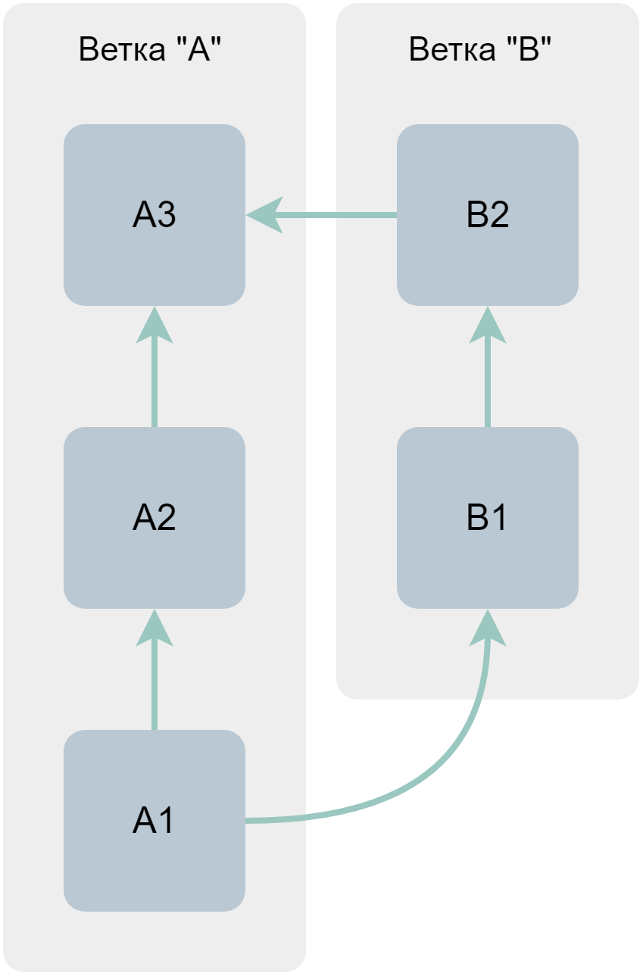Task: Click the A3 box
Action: pyautogui.click(x=155, y=215)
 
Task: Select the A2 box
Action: pyautogui.click(x=155, y=518)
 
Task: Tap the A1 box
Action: pyautogui.click(x=155, y=821)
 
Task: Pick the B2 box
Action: pyautogui.click(x=488, y=215)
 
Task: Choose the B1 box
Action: pyautogui.click(x=488, y=518)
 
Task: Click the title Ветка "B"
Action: pyautogui.click(x=480, y=50)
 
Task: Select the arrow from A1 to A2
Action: pyautogui.click(x=155, y=681)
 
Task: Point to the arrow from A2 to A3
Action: pyautogui.click(x=155, y=379)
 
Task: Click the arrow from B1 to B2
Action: pyautogui.click(x=488, y=379)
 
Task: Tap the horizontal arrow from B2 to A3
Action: pyautogui.click(x=333, y=216)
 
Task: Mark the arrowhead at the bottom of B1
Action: pyautogui.click(x=488, y=628)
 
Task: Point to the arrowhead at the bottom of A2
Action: pyautogui.click(x=155, y=628)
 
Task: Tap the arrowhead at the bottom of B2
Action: pyautogui.click(x=488, y=326)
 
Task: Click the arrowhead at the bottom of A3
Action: pyautogui.click(x=155, y=326)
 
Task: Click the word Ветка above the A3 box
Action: pyautogui.click(x=121, y=50)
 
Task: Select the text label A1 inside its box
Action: pyautogui.click(x=155, y=821)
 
